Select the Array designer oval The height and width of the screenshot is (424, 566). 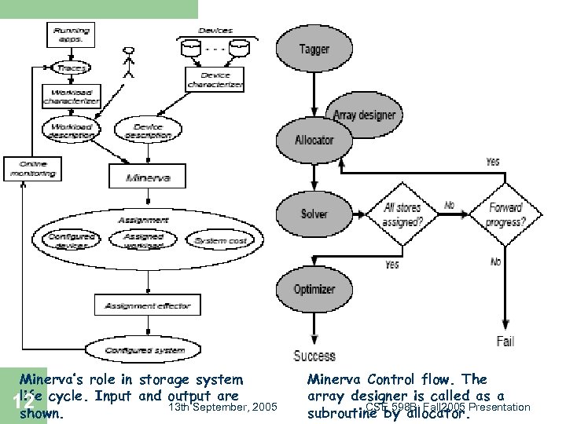(364, 115)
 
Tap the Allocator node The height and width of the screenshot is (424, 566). (314, 140)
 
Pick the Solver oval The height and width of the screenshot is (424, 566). (314, 214)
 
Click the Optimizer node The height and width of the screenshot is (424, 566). (314, 289)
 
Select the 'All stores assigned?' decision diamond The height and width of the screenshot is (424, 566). (402, 214)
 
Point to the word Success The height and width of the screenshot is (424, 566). (314, 356)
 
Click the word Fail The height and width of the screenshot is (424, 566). (505, 341)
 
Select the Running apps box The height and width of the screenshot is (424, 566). (72, 35)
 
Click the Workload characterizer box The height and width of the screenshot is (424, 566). (72, 97)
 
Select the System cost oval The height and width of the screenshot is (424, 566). (220, 240)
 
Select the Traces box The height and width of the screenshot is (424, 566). (72, 68)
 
